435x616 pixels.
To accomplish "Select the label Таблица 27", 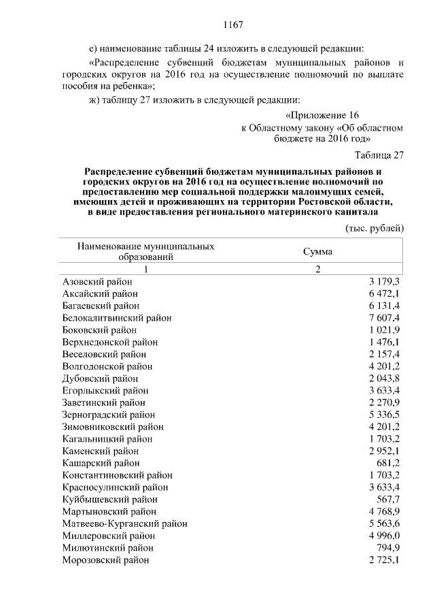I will tap(379, 155).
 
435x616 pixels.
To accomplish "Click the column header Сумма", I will tap(317, 251).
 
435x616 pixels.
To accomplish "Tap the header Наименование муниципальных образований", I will tap(146, 251).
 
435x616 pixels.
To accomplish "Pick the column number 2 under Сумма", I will tap(317, 269).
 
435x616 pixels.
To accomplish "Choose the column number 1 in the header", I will tap(145, 269).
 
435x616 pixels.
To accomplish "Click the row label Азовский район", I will tap(97, 281).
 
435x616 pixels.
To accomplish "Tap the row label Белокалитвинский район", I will tap(116, 318).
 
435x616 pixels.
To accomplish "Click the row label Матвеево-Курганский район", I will tap(124, 523).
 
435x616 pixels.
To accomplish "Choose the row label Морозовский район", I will tap(105, 560).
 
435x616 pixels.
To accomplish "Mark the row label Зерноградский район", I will tap(108, 414).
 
